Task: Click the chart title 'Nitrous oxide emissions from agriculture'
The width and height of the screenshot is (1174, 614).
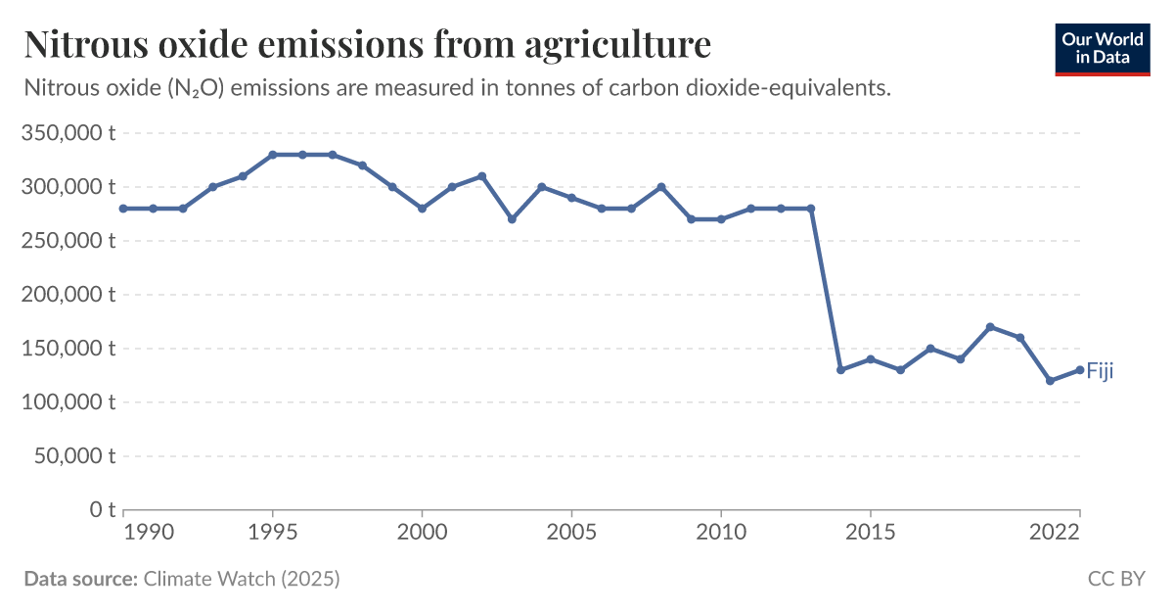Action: click(367, 44)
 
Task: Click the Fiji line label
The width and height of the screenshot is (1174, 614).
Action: click(1100, 371)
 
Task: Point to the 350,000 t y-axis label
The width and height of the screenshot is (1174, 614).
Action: click(68, 132)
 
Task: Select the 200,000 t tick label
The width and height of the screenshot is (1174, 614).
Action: click(68, 294)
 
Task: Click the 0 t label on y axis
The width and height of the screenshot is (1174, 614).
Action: click(104, 509)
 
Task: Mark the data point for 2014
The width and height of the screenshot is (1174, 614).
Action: click(840, 369)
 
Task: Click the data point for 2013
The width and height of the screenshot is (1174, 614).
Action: click(811, 208)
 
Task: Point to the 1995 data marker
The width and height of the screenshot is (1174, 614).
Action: click(273, 155)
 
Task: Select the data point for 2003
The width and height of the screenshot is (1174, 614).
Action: click(512, 219)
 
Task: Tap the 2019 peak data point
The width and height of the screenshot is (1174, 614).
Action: click(990, 327)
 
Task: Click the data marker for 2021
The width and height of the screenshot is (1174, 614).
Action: click(1050, 380)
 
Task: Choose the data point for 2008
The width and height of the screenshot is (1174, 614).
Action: click(661, 186)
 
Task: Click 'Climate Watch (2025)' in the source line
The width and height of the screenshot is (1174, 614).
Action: click(242, 579)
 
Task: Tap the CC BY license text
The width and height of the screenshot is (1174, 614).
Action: click(1115, 579)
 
